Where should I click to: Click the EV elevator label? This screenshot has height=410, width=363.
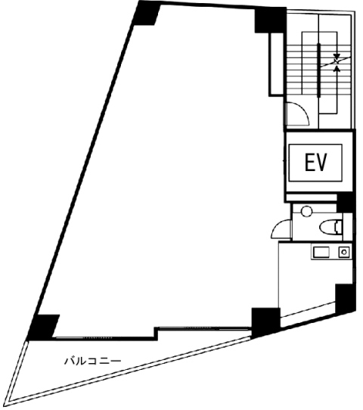click(315, 163)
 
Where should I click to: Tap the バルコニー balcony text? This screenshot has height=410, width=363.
click(93, 361)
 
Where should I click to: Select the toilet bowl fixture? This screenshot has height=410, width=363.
click(330, 226)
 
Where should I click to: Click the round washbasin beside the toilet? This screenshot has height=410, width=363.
click(306, 211)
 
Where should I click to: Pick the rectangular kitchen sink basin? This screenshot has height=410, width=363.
click(321, 253)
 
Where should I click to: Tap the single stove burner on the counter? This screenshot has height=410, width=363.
click(344, 253)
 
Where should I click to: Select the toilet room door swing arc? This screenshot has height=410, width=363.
click(281, 228)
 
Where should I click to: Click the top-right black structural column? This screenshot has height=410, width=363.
click(270, 20)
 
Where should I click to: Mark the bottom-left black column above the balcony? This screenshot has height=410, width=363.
click(43, 327)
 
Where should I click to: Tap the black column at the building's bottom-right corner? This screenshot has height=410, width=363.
click(346, 298)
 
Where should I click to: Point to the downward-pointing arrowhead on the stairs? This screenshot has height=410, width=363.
click(337, 56)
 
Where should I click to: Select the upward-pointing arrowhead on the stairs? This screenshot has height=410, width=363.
click(337, 69)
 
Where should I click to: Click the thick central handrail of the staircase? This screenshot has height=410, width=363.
click(319, 70)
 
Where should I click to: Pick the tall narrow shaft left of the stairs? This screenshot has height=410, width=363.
click(276, 64)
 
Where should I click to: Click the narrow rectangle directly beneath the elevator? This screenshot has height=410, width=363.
click(312, 197)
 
